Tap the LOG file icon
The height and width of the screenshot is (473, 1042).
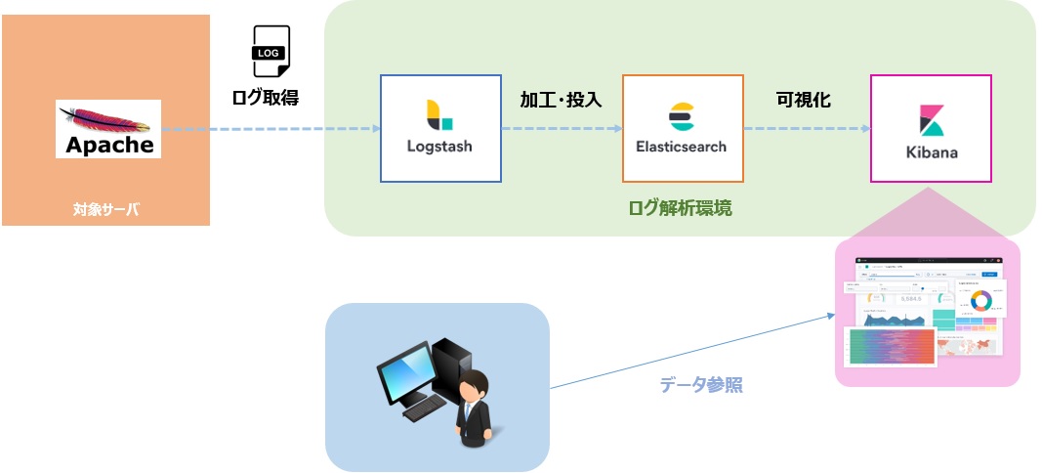271,52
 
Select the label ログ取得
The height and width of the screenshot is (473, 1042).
265,97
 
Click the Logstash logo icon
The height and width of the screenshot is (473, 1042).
439,114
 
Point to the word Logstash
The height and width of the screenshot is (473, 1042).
439,147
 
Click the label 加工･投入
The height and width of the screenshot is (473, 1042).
561,100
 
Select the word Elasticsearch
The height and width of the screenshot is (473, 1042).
681,147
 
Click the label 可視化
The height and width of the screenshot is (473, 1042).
804,100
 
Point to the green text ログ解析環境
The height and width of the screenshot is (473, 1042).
680,208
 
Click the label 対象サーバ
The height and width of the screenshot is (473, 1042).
105,208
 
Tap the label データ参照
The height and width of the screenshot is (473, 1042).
701,385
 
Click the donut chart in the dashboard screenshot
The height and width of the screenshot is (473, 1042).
980,300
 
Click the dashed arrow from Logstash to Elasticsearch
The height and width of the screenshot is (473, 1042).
562,129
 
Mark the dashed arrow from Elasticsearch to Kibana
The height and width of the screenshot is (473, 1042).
806,129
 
